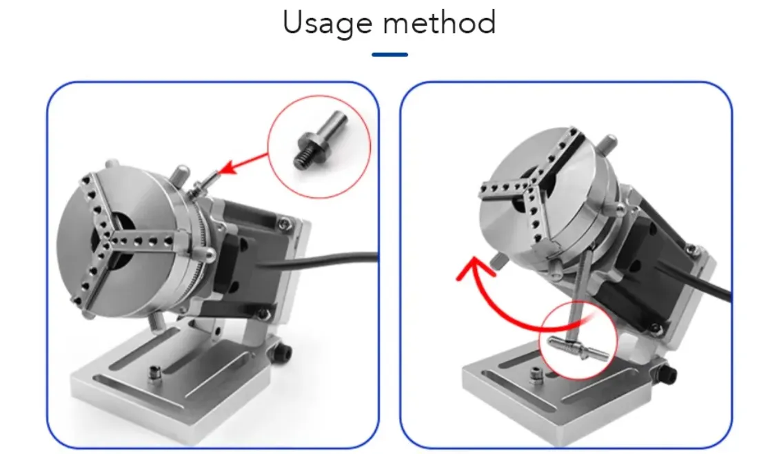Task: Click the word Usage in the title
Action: point(327,23)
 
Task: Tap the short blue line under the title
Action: point(389,54)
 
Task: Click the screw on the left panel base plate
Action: point(156,373)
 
